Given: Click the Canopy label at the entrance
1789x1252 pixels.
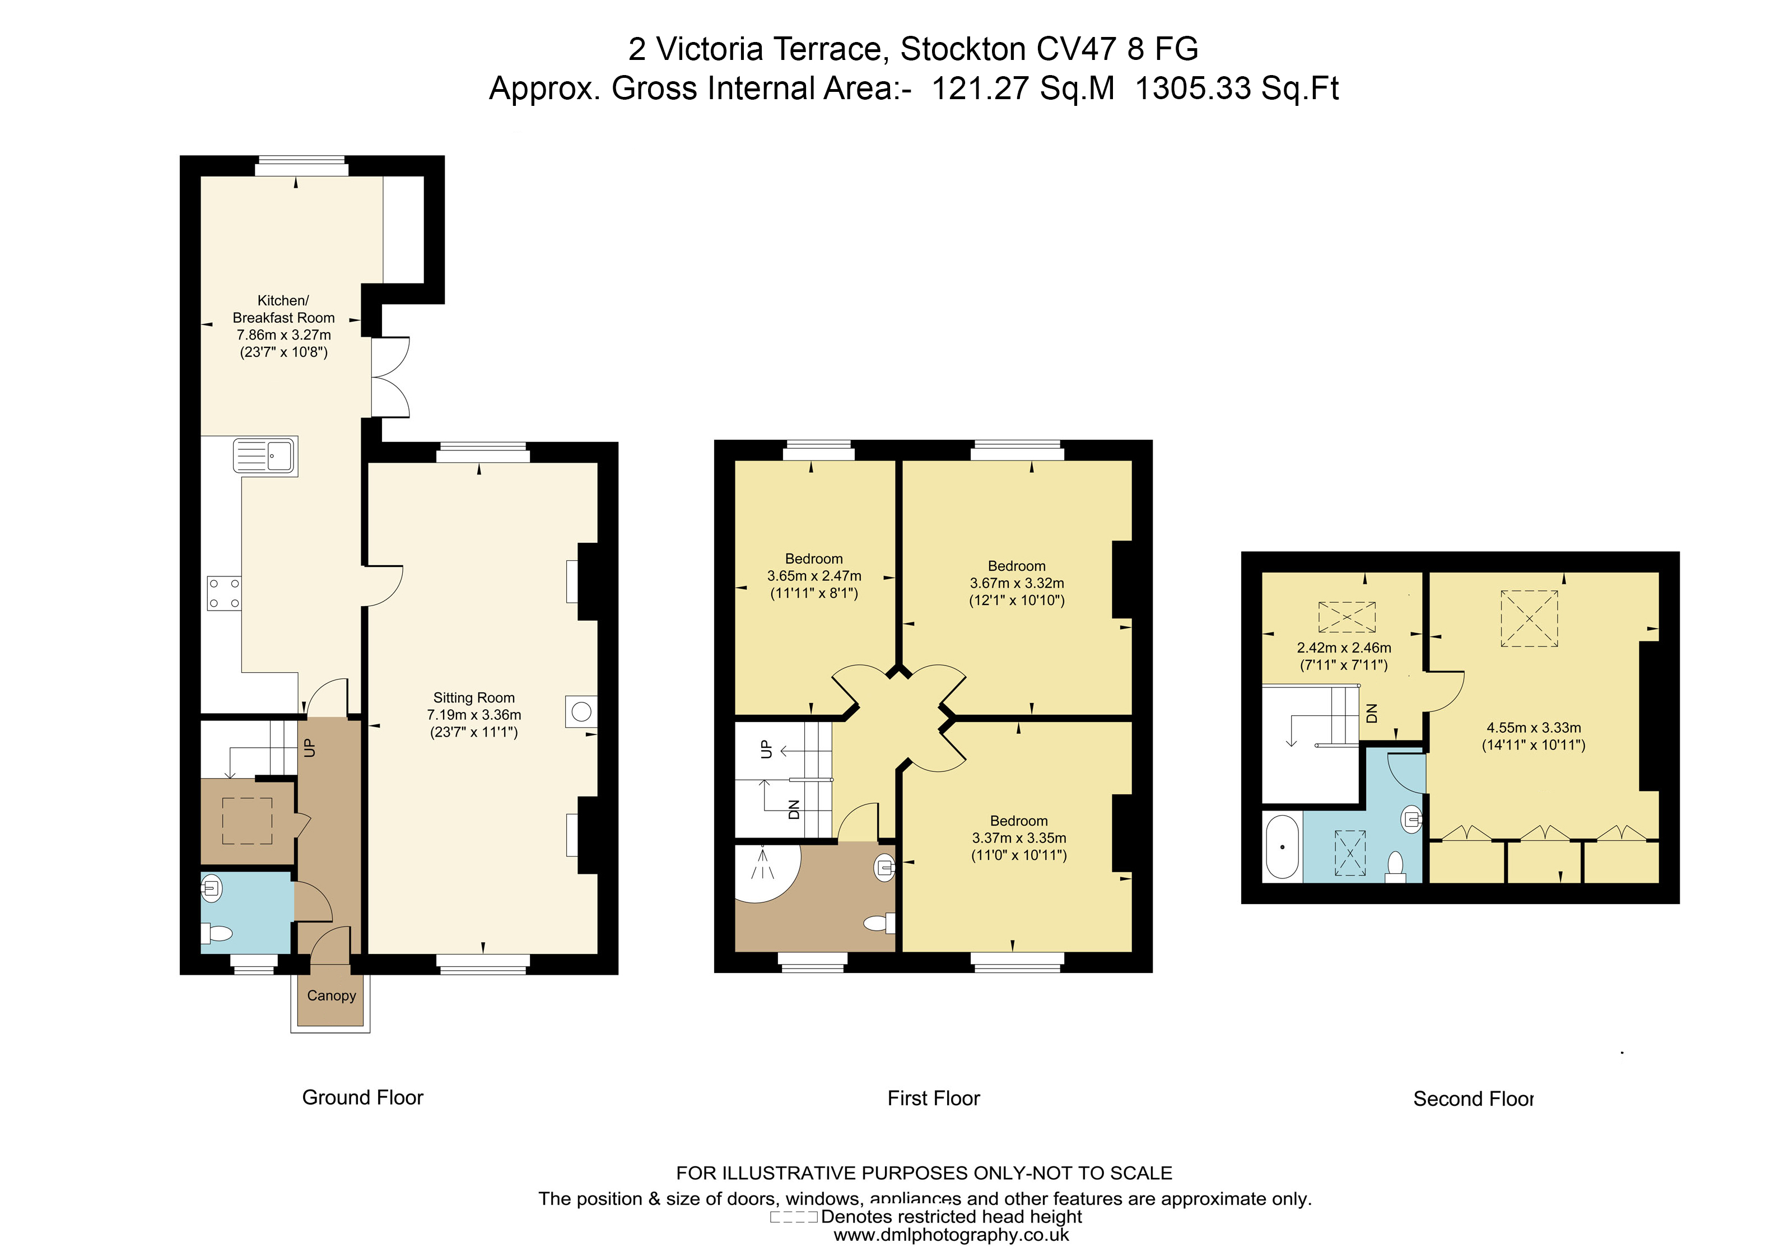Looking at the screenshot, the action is pos(331,995).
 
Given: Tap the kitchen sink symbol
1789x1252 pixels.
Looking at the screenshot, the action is pos(265,456).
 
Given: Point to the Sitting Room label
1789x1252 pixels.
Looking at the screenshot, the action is pos(474,698).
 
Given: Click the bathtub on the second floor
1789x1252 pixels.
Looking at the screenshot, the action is pos(1282,848).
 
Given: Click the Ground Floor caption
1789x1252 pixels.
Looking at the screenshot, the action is pos(362,1098).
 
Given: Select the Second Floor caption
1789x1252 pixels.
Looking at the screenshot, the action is pos(1473,1099).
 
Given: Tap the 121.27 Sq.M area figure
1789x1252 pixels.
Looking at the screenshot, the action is pos(1023,88).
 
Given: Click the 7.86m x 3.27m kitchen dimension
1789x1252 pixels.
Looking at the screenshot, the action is pos(283,335).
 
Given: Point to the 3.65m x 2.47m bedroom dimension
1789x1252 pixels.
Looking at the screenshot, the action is pos(814,576).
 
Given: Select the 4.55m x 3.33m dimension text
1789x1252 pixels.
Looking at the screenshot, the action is pos(1534,728).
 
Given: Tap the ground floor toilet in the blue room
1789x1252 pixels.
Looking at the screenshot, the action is pos(218,933).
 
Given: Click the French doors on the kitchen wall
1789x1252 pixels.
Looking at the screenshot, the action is pos(390,377).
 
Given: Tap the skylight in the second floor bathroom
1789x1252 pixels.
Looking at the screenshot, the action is pos(1350,853).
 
